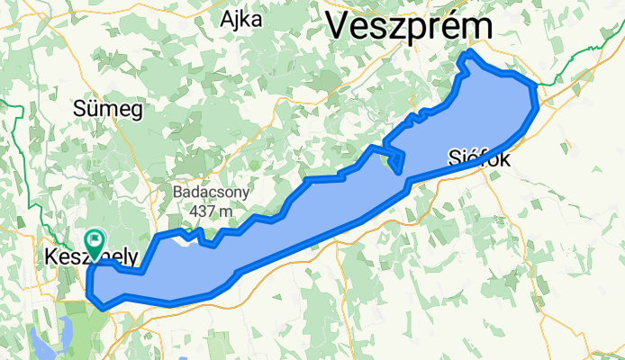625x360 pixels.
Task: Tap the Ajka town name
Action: (x=241, y=21)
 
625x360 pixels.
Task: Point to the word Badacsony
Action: (x=212, y=193)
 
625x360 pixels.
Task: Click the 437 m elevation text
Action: (x=212, y=211)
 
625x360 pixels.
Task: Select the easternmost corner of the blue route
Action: (x=538, y=87)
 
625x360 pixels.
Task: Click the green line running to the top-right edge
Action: (x=585, y=54)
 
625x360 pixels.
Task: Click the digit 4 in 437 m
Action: (x=195, y=211)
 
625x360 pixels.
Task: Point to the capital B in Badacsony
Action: (x=178, y=193)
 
